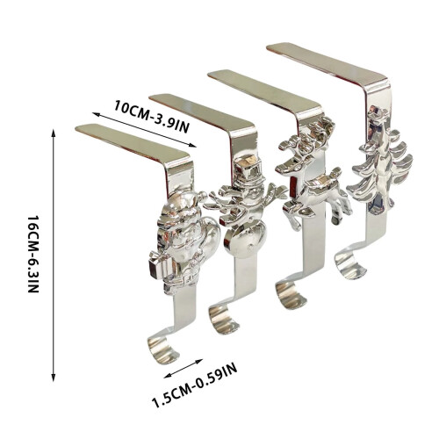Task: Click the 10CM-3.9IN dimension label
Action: point(152,117)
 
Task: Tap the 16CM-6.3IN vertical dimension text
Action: point(32,255)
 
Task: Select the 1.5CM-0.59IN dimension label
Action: point(195,385)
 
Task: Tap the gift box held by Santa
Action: point(158,265)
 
